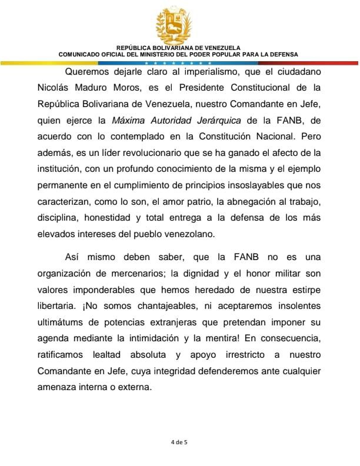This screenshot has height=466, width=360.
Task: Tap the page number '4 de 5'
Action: [179, 440]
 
